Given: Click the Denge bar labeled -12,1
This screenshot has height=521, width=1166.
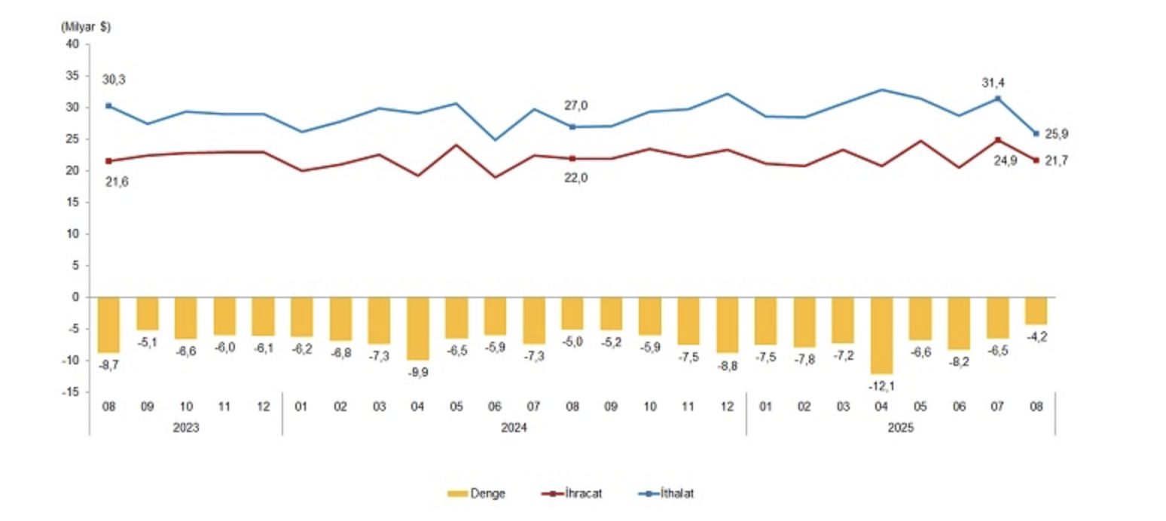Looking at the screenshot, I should click(x=882, y=335).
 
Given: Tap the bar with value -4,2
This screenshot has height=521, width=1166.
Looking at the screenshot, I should click(x=1036, y=310).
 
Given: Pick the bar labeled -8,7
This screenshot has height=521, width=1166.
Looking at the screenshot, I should click(x=108, y=324).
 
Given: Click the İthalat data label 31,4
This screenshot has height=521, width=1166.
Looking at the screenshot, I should click(x=998, y=83).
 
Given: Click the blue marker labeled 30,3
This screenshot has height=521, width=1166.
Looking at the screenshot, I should click(x=108, y=106).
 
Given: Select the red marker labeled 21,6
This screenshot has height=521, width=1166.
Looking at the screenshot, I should click(x=108, y=161).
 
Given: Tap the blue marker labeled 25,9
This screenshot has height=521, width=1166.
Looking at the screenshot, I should click(x=1036, y=134).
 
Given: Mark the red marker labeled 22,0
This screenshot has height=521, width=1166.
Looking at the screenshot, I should click(x=572, y=159).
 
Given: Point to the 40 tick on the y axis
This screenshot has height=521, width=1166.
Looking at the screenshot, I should click(x=73, y=44).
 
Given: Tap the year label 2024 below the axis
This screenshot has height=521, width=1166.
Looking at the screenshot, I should click(x=514, y=426).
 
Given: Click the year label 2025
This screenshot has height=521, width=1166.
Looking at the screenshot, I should click(x=901, y=426).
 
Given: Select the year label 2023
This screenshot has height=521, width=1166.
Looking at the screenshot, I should click(x=185, y=426).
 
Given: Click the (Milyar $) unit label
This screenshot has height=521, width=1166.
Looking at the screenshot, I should click(x=85, y=26).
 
